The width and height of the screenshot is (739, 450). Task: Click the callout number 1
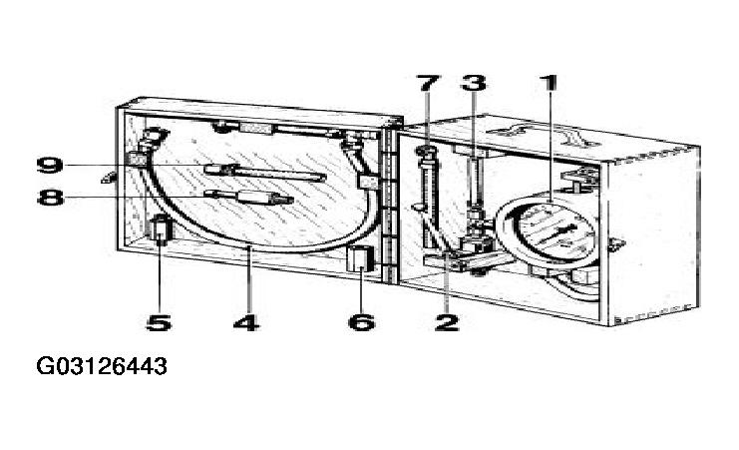(549, 83)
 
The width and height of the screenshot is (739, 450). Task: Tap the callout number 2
(447, 322)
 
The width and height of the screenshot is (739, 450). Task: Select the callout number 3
(474, 83)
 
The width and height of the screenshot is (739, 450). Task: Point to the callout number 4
(246, 322)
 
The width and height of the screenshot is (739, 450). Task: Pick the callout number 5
(159, 322)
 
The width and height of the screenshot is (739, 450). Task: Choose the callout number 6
(361, 322)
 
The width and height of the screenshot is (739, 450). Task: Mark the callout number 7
(428, 83)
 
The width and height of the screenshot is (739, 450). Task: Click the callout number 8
(51, 197)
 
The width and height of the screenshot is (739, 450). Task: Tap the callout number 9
(50, 165)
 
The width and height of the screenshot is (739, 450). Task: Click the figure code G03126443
(102, 366)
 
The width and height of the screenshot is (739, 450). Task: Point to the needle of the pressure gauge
(557, 233)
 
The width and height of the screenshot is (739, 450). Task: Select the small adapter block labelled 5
(161, 228)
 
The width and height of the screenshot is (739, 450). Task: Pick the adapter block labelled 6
(361, 258)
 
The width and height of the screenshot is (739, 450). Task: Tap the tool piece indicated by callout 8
(249, 197)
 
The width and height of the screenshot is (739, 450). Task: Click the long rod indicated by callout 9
(265, 173)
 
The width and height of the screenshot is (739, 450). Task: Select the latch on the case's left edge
(109, 178)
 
